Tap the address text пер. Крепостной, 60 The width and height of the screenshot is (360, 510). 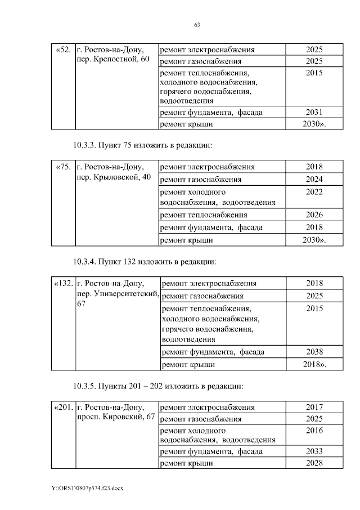click(112, 60)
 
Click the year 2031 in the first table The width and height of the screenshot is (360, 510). click(314, 112)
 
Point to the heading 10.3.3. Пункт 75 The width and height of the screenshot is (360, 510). click(143, 145)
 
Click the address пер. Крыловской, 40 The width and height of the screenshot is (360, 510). click(113, 177)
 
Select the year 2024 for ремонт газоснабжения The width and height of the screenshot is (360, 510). click(314, 180)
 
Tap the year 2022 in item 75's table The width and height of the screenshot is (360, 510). click(314, 192)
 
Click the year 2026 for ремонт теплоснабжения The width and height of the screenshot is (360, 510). click(314, 215)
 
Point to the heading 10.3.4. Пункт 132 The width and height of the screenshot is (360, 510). click(145, 262)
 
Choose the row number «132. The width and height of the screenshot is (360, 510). click(62, 284)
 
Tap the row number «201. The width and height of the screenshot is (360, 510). click(62, 408)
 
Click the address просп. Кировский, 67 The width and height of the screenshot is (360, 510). click(115, 417)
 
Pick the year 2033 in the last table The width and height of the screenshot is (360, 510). click(314, 451)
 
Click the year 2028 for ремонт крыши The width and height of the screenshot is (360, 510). click(314, 463)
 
